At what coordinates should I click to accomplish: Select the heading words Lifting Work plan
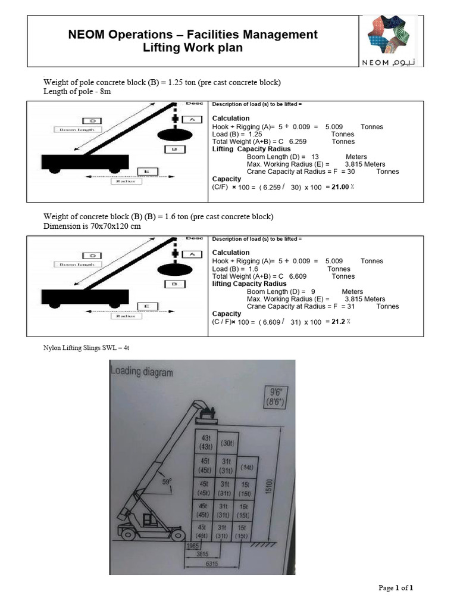[193, 48]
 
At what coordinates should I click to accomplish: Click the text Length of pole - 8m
[77, 92]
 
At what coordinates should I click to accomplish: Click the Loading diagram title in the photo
[142, 372]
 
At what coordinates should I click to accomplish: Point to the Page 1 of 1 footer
[396, 588]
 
